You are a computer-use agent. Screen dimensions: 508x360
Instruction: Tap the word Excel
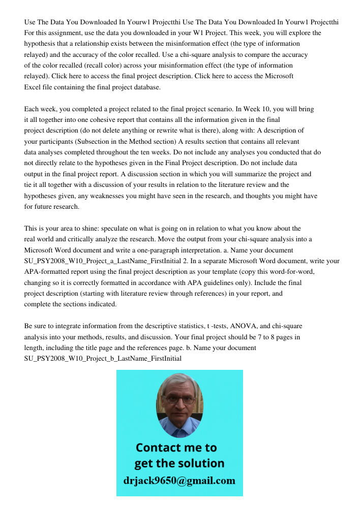(34, 87)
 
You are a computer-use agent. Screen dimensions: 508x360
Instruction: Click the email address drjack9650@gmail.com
(179, 480)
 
